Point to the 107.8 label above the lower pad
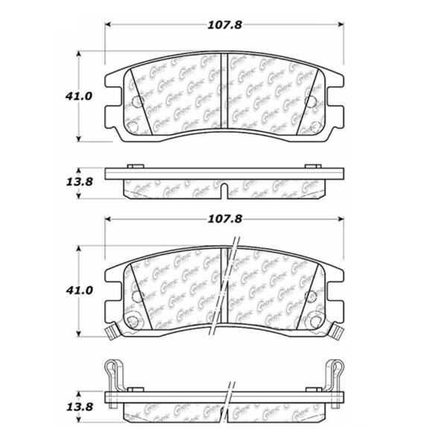(225, 220)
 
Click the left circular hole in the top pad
(136, 102)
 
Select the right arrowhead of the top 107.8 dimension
(343, 25)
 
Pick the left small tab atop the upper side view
(132, 165)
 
